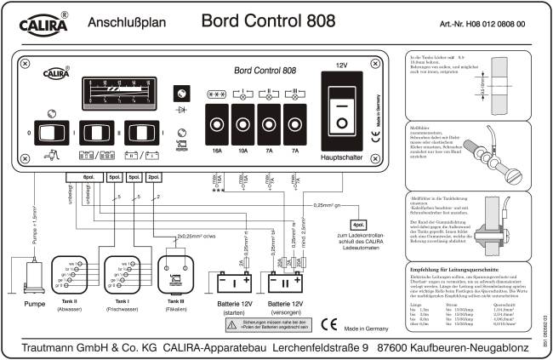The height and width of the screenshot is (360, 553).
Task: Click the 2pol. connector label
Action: [153, 177]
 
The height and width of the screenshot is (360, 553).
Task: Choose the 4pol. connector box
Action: [358, 224]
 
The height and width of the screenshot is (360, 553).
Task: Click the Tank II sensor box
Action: [69, 276]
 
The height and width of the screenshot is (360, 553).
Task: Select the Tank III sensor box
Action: [172, 276]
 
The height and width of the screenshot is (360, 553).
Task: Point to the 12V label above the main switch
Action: [342, 65]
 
